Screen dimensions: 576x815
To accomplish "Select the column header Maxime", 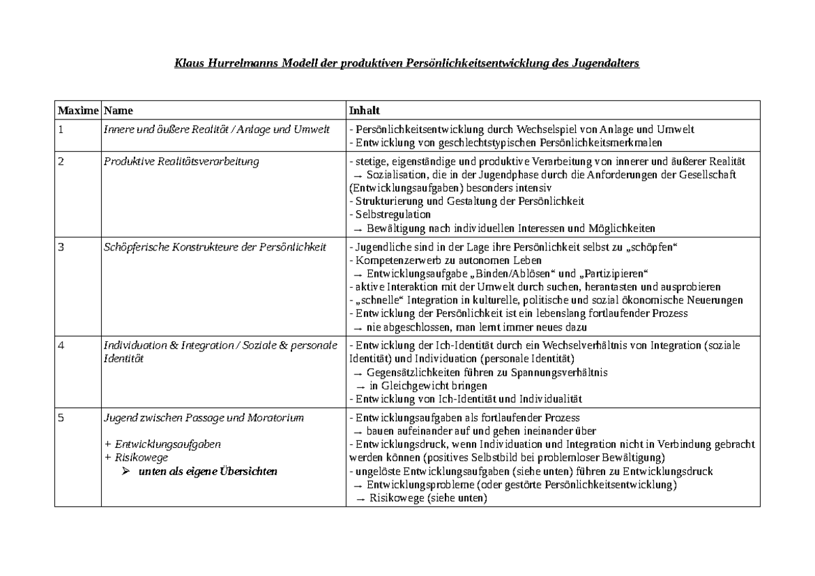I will click(78, 110).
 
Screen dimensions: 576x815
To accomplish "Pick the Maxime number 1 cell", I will click(61, 130).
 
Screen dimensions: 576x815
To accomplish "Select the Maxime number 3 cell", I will click(61, 247).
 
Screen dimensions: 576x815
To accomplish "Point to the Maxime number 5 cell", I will click(61, 418).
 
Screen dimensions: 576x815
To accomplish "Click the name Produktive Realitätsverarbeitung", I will click(181, 161).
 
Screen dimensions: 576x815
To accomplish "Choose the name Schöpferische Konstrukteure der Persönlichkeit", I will click(215, 247).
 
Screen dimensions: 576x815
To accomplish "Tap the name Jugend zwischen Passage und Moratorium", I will click(203, 418).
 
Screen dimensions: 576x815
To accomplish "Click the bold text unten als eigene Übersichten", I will click(207, 472).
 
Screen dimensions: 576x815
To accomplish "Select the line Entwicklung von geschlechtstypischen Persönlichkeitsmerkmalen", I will click(505, 142).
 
